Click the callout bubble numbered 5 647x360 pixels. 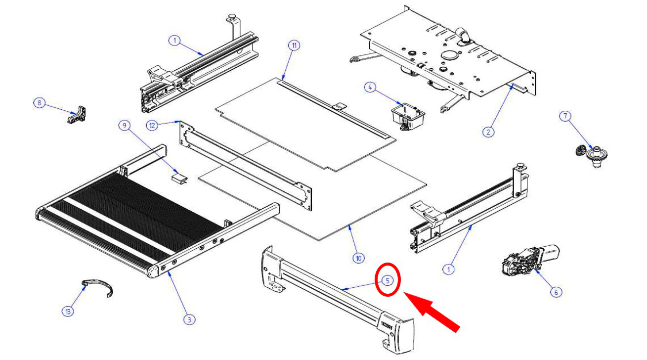point(388,280)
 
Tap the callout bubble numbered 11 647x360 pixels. point(294,45)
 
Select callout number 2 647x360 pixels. point(488,132)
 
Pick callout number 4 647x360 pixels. point(370,87)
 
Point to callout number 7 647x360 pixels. point(565,116)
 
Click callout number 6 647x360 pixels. point(556,292)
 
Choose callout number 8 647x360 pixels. point(39,102)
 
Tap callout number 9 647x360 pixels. point(125,126)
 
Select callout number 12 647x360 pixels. point(152,126)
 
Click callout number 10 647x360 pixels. point(358,258)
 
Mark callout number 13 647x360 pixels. point(68,312)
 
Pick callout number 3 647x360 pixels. point(189,319)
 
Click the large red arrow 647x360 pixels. point(431,312)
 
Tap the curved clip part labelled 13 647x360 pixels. point(97,288)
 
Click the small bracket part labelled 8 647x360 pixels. point(77,115)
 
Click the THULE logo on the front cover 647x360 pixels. point(387,325)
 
